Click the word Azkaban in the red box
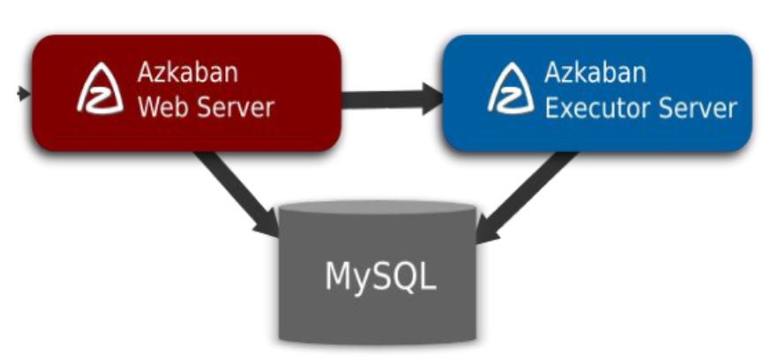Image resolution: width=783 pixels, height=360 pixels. [x=187, y=71]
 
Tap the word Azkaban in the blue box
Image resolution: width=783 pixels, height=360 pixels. [x=595, y=71]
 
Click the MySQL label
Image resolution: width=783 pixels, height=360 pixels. [x=380, y=275]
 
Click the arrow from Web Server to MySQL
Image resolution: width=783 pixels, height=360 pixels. [x=234, y=192]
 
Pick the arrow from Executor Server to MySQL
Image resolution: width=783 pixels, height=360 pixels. [x=525, y=192]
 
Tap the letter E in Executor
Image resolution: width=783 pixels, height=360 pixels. [x=551, y=108]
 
